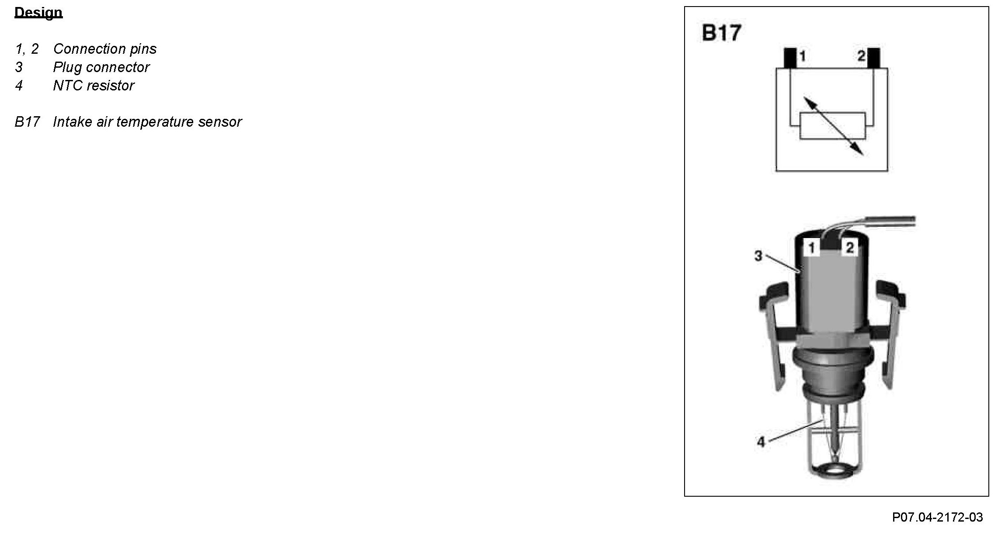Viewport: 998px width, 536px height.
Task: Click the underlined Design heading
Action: point(38,12)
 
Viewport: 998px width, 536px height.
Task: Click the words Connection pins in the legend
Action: point(104,49)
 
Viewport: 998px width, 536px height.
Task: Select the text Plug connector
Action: point(101,67)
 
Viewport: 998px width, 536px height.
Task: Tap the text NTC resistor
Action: point(94,86)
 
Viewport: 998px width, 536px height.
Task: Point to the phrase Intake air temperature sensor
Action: point(147,122)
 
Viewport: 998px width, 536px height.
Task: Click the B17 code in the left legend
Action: point(27,122)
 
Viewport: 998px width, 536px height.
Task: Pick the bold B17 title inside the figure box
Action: point(721,34)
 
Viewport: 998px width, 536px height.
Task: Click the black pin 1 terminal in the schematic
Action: point(790,58)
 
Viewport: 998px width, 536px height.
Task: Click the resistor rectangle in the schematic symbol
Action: point(832,126)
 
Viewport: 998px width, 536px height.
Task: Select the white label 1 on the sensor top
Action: point(811,248)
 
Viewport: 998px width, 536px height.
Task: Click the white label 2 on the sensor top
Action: point(850,248)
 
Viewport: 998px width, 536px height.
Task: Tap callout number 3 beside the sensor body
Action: point(758,256)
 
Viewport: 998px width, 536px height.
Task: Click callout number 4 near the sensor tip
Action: point(761,442)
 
